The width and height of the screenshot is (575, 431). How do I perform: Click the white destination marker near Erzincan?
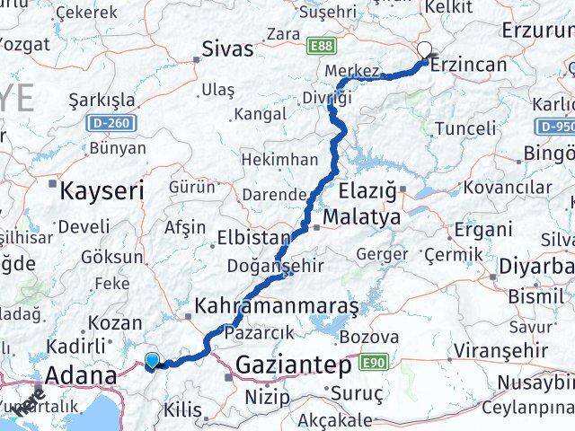pos(424,52)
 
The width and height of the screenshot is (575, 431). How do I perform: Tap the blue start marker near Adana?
pos(152,361)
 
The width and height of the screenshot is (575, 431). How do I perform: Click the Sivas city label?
pos(228,48)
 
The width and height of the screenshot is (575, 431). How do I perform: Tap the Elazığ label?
pos(369,190)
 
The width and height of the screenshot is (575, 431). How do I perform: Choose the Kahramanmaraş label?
pos(276,305)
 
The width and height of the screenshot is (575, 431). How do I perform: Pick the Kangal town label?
pos(261,114)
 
